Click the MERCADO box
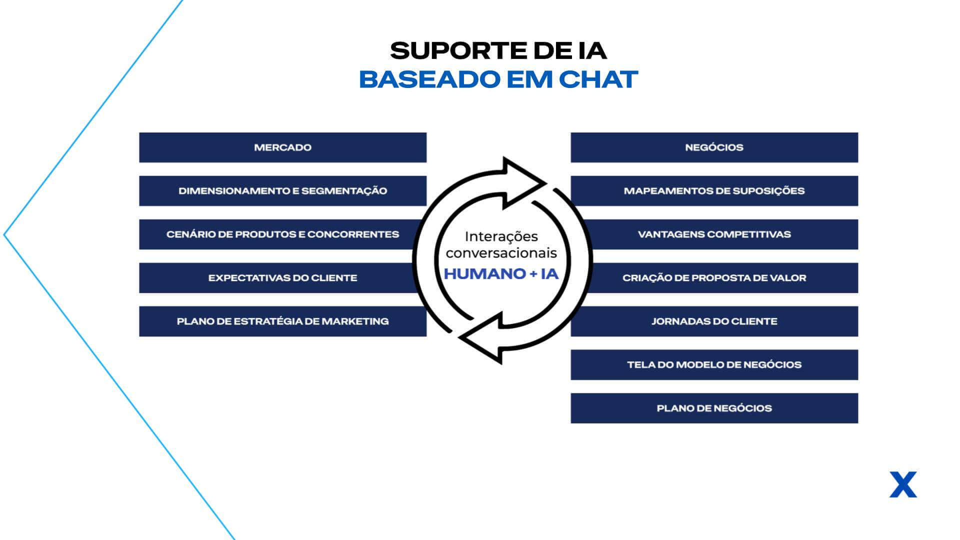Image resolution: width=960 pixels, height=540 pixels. pos(282,147)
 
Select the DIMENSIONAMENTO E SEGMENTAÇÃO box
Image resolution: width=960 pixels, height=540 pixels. pos(282,190)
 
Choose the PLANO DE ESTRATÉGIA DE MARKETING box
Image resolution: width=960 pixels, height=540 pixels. pos(282,321)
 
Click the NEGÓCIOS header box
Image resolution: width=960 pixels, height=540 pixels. pos(714,147)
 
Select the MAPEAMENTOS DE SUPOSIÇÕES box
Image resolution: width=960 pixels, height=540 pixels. pos(714,190)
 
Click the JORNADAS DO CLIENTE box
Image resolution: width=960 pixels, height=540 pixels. pos(714,321)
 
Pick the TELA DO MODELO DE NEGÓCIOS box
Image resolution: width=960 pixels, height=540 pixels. pos(714,364)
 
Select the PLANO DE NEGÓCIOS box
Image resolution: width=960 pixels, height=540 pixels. pos(714,408)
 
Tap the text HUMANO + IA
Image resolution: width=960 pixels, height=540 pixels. pos(501,274)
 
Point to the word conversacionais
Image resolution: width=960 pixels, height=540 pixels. pos(501,253)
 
